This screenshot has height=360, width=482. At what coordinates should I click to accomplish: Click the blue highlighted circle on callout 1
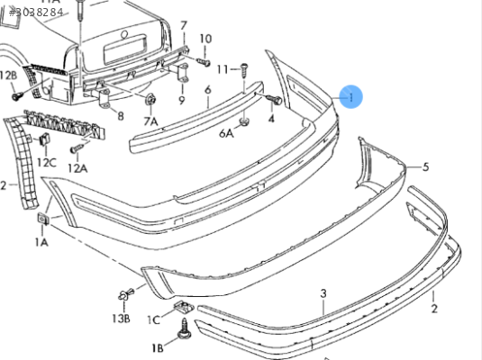coord(350,97)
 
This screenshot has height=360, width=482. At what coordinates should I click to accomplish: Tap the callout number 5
coord(426,167)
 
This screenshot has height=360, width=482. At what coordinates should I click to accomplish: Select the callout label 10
coord(205,39)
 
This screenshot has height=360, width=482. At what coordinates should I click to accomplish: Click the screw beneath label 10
coord(204,62)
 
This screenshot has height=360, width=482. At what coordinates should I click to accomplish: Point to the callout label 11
coord(223,69)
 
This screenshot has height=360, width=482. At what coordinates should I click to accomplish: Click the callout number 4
coord(271,119)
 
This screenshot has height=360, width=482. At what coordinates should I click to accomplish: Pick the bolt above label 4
coord(274,100)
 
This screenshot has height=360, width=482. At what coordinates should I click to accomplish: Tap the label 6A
coord(226,133)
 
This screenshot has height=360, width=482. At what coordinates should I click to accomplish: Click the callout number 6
coord(208,90)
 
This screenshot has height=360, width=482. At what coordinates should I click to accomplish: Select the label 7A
coord(150,121)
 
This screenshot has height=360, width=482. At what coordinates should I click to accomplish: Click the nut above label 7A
coord(151,99)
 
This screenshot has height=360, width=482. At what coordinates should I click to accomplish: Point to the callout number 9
coord(182,100)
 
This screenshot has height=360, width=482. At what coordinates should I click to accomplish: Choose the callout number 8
coord(121,116)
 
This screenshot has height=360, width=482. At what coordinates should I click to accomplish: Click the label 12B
coord(8,76)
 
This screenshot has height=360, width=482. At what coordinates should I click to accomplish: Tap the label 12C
coord(47,162)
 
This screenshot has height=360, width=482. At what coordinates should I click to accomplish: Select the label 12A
coord(77,168)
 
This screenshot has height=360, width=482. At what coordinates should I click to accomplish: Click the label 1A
coord(41,242)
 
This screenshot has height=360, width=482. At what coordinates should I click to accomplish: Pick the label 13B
coord(121,319)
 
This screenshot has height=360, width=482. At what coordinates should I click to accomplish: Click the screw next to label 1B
coord(185,329)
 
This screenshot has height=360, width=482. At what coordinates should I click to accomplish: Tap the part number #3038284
coord(36,13)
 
